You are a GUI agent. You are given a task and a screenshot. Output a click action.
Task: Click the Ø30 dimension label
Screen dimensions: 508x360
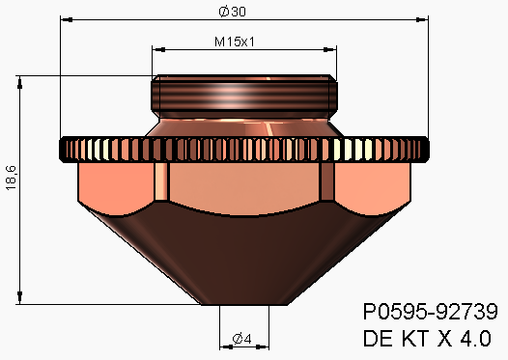point(233,12)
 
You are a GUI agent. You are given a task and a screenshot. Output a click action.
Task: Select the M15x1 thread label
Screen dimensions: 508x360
point(235,42)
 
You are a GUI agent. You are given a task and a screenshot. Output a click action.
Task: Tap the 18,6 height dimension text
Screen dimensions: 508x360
point(11,178)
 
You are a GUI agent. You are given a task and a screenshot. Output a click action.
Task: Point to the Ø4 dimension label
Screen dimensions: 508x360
point(242,339)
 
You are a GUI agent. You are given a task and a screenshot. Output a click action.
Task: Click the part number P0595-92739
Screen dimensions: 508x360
point(430,312)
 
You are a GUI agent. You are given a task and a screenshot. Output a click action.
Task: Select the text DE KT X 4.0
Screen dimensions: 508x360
point(427,339)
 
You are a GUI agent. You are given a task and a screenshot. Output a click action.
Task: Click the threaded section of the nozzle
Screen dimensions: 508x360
point(244,94)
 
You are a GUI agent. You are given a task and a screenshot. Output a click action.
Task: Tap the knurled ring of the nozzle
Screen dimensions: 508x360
point(244,150)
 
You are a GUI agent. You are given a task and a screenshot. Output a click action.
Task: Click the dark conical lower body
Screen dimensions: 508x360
point(244,256)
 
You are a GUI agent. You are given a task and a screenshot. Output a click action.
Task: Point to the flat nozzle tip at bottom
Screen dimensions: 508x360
point(244,304)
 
